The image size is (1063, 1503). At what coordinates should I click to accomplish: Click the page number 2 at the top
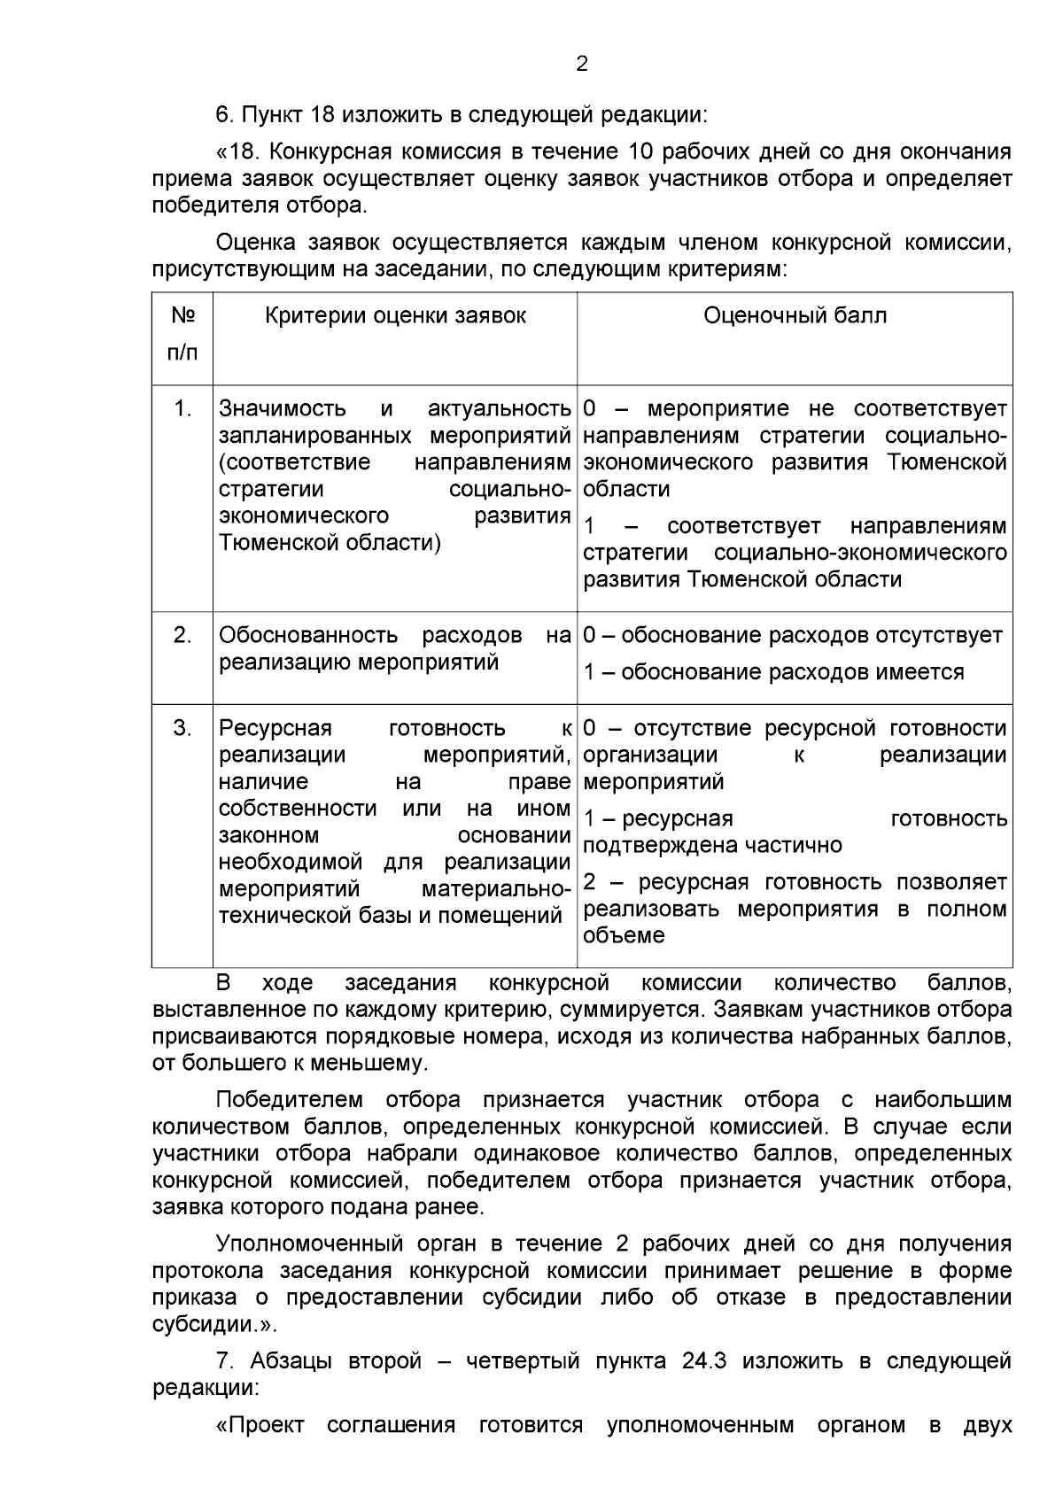(x=581, y=64)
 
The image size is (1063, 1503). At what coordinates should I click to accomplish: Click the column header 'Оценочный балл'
(x=795, y=316)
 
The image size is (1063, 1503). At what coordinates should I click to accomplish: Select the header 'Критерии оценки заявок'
(x=395, y=316)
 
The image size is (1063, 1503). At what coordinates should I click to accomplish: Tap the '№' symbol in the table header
(x=182, y=316)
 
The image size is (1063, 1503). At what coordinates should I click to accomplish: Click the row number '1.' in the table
(x=182, y=408)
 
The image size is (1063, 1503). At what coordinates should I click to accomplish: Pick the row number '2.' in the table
(x=182, y=635)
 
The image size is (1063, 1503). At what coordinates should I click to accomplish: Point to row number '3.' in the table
(x=182, y=728)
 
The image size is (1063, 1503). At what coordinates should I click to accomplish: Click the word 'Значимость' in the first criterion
(x=283, y=408)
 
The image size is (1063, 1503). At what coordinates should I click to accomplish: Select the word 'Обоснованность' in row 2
(x=308, y=635)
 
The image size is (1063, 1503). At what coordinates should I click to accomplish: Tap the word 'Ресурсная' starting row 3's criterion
(x=275, y=728)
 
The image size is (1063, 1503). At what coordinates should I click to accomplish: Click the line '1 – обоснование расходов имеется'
(x=773, y=672)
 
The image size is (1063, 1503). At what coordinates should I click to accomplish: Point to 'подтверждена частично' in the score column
(x=712, y=845)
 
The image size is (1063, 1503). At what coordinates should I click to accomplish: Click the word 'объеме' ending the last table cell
(x=624, y=936)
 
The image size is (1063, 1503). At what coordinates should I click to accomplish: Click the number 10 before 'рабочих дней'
(x=640, y=151)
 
